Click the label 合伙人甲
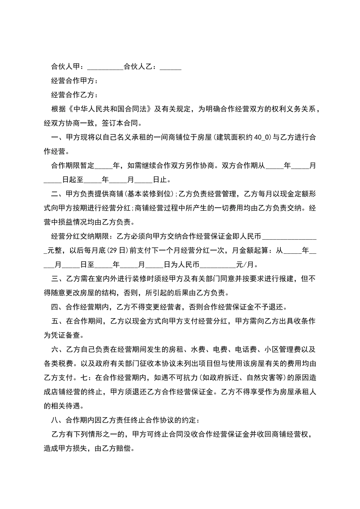(x=66, y=67)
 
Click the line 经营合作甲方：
(x=75, y=81)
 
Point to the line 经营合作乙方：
(x=75, y=95)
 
